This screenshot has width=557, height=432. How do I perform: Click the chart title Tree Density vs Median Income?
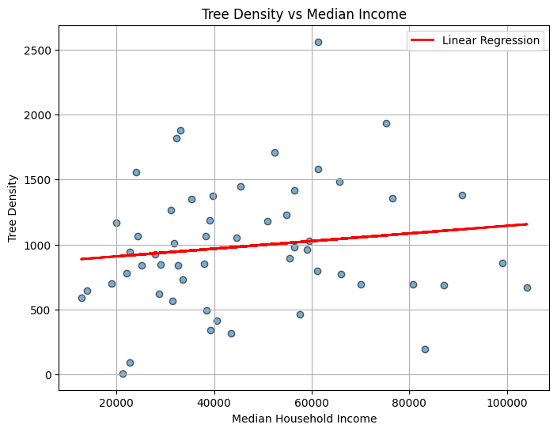304,14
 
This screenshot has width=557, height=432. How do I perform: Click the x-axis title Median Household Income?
304,419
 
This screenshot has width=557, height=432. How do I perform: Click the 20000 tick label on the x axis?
116,400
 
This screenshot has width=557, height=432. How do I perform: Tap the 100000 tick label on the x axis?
506,400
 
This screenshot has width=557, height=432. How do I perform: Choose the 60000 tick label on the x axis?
312,400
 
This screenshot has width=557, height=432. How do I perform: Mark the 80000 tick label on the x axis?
409,400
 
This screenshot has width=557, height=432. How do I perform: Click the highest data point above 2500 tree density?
318,42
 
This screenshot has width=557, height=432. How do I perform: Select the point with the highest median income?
527,287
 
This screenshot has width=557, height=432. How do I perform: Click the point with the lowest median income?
81,298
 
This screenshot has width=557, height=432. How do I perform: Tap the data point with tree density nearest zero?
123,374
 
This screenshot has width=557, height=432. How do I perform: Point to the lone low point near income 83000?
425,349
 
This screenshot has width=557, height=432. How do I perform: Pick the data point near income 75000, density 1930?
386,123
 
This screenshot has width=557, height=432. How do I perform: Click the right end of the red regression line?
527,224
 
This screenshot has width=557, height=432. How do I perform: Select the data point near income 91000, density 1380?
462,195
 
